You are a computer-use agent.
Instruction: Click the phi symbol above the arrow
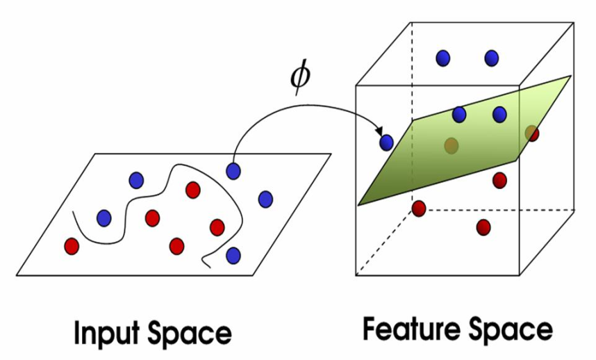click(300, 78)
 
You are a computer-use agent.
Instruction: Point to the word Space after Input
click(190, 334)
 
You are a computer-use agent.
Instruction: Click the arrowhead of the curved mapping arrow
click(379, 131)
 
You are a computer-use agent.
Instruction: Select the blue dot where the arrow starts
click(233, 171)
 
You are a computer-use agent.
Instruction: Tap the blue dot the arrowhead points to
click(386, 142)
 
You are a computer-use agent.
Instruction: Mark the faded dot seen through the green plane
click(452, 145)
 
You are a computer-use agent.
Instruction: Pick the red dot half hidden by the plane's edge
click(533, 133)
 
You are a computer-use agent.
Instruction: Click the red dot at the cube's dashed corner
click(419, 208)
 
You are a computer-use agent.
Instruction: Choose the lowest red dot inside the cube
click(483, 227)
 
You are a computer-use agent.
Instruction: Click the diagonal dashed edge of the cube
click(384, 242)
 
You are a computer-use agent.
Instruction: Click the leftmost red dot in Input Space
click(72, 246)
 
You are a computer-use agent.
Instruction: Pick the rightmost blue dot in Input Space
click(265, 199)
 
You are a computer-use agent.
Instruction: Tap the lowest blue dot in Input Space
click(233, 256)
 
